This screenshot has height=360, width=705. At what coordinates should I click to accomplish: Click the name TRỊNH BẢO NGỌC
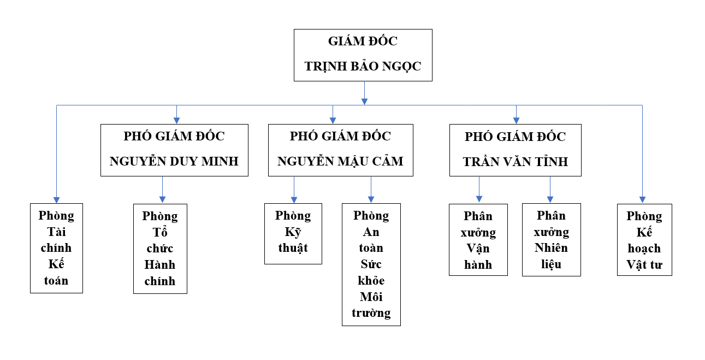click(363, 67)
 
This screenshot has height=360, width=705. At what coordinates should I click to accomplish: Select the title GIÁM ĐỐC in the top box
click(363, 41)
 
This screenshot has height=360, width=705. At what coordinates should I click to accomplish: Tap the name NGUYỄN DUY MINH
click(174, 161)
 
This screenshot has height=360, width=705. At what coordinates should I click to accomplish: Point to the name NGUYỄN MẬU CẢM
click(340, 161)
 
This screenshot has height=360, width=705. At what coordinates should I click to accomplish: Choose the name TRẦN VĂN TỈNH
click(515, 162)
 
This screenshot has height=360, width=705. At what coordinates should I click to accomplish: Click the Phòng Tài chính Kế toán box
click(56, 248)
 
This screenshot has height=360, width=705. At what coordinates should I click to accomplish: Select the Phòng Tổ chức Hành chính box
click(160, 249)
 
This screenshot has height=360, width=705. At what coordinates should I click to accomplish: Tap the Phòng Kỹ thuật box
click(293, 234)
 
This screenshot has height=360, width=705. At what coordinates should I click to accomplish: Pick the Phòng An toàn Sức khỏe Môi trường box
click(371, 264)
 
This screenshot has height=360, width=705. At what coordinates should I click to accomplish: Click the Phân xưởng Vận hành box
click(478, 240)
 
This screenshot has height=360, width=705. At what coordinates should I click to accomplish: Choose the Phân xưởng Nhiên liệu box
click(552, 240)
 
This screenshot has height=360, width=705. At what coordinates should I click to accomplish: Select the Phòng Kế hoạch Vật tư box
click(644, 240)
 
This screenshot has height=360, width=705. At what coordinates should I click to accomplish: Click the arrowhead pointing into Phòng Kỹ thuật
click(294, 200)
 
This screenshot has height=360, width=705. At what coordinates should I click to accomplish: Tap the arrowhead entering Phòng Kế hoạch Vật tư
click(642, 200)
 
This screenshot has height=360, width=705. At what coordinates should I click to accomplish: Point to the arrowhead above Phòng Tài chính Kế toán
click(56, 200)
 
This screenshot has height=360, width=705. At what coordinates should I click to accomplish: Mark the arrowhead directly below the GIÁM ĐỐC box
click(364, 102)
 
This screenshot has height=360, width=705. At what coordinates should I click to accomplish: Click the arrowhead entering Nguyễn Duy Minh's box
click(176, 121)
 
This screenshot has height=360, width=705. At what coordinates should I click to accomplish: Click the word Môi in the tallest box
click(371, 297)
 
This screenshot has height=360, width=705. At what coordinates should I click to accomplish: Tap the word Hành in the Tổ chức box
click(160, 264)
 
